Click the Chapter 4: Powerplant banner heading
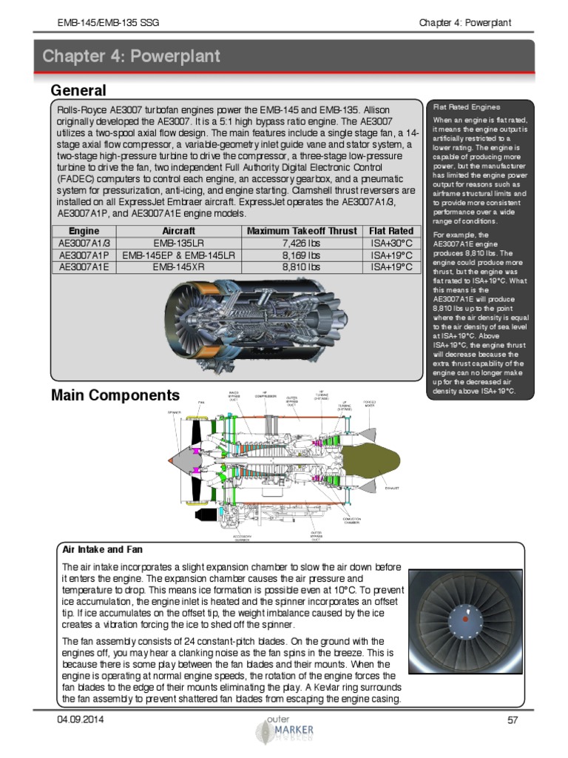131,56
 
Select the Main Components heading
115,395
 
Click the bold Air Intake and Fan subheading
102,550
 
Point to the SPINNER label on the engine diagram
175,412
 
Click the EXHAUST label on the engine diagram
391,489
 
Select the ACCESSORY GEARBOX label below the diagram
242,537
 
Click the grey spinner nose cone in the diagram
180,460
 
